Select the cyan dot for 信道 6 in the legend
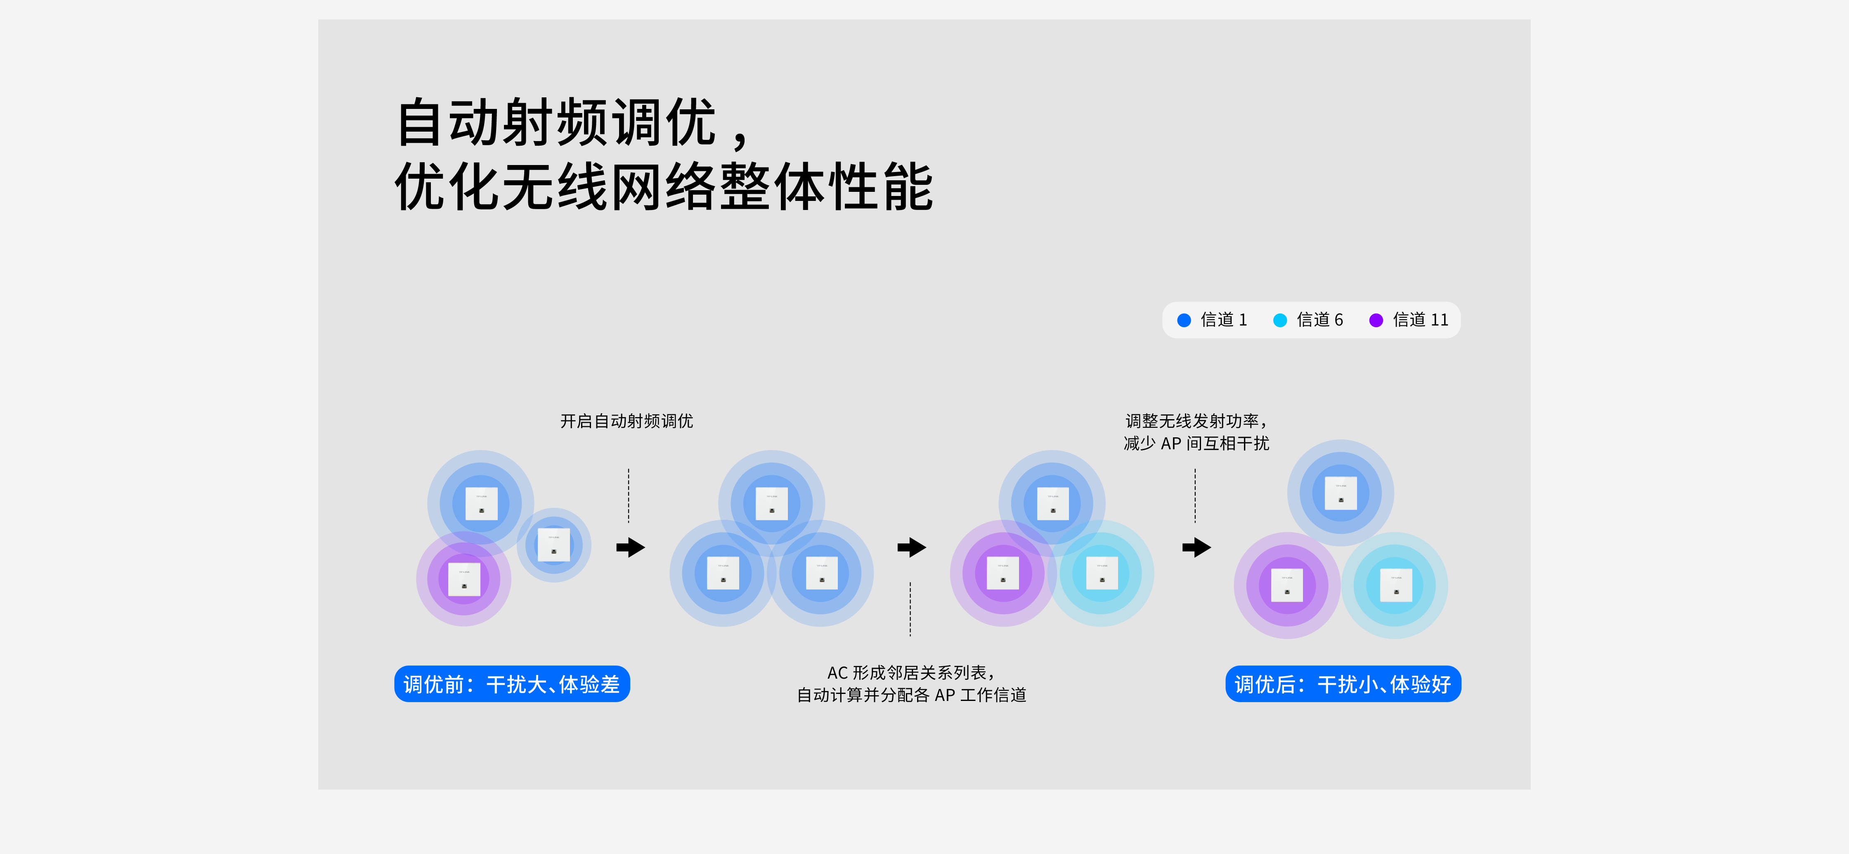pos(1280,320)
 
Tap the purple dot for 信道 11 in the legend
pos(1376,320)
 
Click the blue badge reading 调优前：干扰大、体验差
pos(512,684)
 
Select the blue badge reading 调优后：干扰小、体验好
pos(1343,684)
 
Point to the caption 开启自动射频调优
pos(627,421)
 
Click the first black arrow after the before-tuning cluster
pos(631,547)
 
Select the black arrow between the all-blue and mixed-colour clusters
pos(912,547)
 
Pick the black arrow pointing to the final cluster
pos(1196,547)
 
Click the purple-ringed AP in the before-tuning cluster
pos(463,579)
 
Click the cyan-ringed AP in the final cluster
pos(1395,585)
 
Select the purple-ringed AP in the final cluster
pos(1287,585)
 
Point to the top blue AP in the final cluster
pos(1341,493)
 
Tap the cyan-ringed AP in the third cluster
pos(1102,573)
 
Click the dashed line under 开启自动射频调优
pos(629,496)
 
